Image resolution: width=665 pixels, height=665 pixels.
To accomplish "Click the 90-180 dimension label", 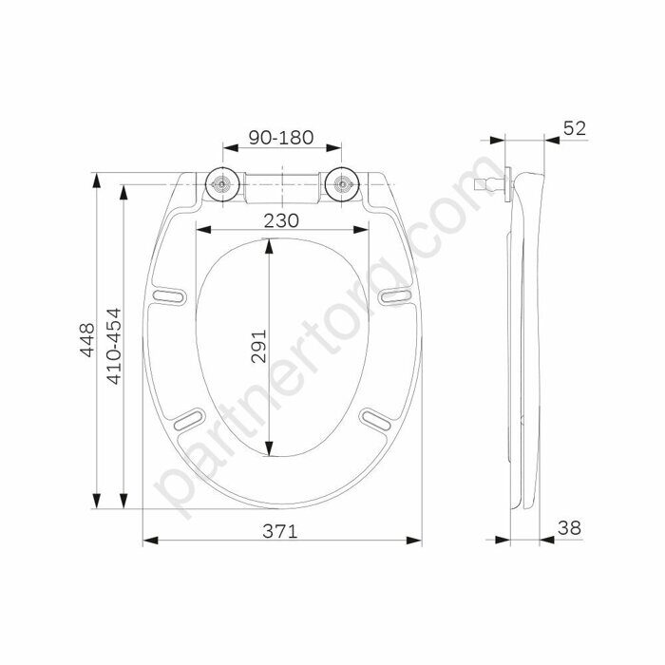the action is [281, 138].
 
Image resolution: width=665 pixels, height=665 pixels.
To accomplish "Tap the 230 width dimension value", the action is [281, 220].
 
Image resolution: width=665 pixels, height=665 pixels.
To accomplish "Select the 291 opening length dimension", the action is [258, 346].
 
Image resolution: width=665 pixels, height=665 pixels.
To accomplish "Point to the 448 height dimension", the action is [87, 340].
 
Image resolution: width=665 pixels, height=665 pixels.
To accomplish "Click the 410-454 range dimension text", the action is [114, 346].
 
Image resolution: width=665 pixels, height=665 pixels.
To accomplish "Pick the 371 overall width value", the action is [280, 531].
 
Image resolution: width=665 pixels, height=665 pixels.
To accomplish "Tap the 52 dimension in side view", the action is [575, 128].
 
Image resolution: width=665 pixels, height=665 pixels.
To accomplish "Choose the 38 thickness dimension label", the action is [570, 528].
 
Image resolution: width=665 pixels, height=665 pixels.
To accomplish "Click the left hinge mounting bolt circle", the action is [222, 184].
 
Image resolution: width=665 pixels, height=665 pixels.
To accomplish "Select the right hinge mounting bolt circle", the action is [342, 184].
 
